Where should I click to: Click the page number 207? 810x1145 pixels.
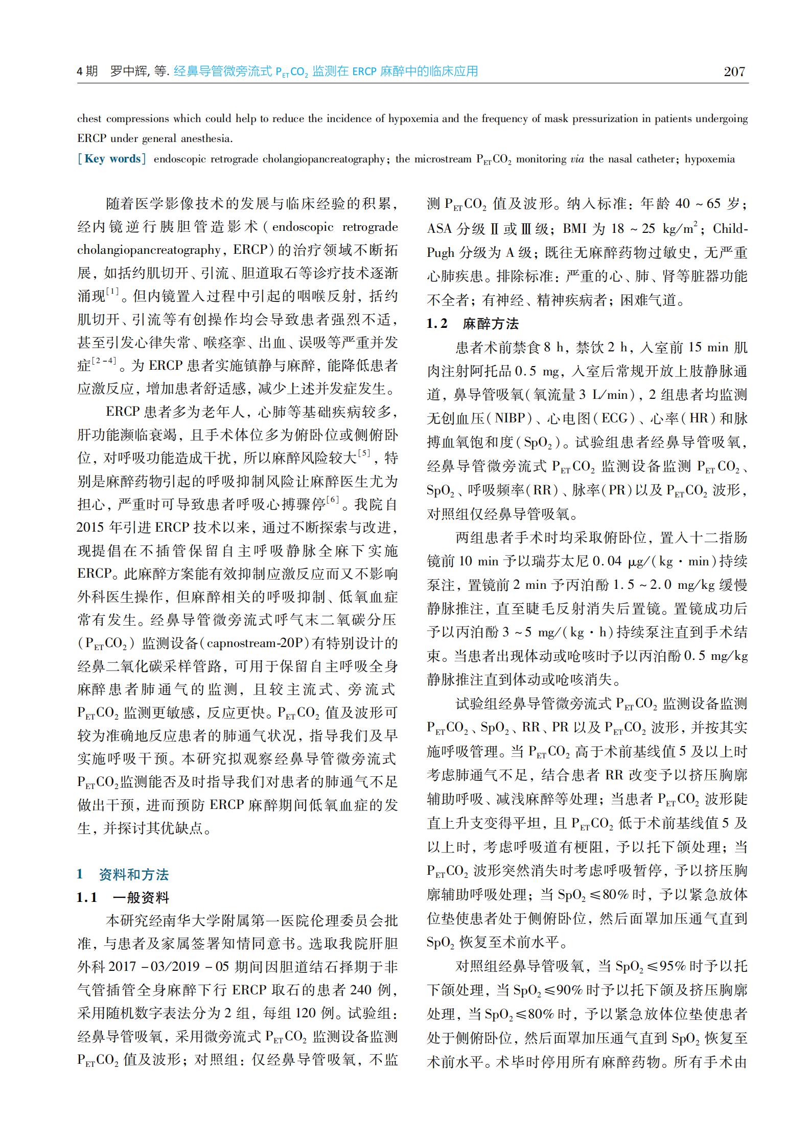point(734,71)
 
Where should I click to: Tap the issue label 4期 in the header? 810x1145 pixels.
point(87,71)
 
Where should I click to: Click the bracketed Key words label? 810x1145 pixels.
point(111,159)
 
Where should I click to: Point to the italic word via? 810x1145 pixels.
point(576,159)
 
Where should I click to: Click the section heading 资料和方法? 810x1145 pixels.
point(133,874)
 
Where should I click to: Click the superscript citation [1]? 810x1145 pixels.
point(112,292)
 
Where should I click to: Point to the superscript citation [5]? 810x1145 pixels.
point(364,453)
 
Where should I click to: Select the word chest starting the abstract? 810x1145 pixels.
point(90,119)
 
